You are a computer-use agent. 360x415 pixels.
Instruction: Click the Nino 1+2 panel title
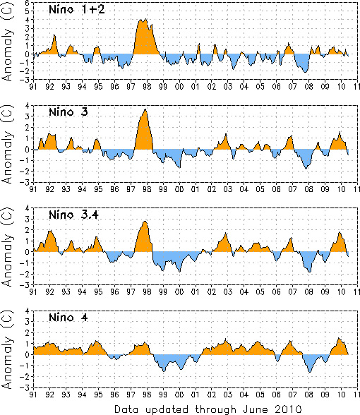coord(77,10)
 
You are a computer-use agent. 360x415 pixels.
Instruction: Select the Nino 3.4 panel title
coord(73,215)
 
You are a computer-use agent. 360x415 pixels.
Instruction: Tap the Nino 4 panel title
coord(68,318)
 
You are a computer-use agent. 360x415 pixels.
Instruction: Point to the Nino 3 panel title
coord(68,112)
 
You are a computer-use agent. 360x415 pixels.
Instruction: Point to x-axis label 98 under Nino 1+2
coord(147,87)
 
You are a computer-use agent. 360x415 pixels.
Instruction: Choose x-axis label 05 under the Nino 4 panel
coord(260,395)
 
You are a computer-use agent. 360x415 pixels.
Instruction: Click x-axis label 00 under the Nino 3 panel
coord(179,189)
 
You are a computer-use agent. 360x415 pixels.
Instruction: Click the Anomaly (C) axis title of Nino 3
coord(7,144)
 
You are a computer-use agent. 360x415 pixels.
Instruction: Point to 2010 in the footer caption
coord(289,409)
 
